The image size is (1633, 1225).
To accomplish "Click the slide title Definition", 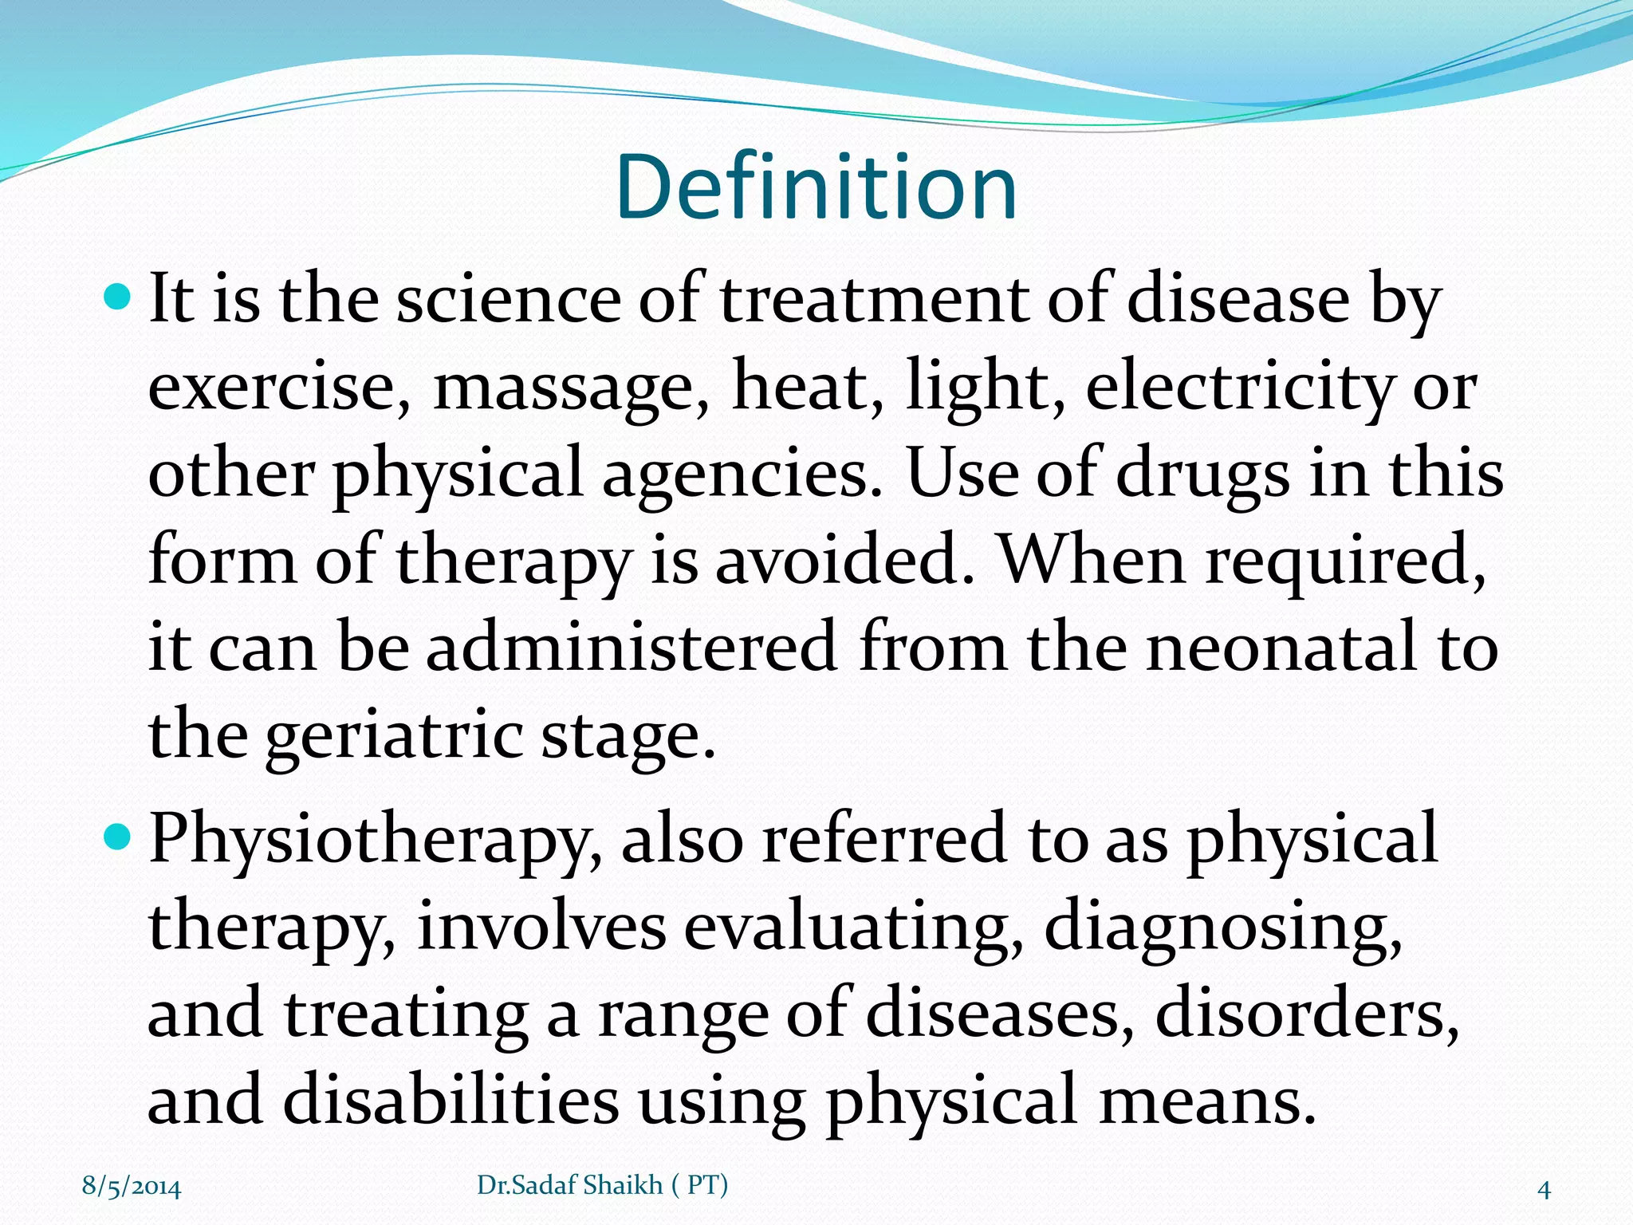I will tap(816, 187).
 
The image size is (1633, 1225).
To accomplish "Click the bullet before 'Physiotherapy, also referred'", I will tap(117, 837).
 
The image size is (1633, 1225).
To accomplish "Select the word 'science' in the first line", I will tap(508, 300).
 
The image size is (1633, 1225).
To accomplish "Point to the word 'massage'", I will tap(571, 388).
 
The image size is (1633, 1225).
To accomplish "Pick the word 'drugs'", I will tap(1202, 475).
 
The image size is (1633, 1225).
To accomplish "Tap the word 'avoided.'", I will tap(845, 561).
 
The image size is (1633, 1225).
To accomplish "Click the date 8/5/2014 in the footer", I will tap(132, 1187).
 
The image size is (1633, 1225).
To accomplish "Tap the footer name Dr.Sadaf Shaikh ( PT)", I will tap(602, 1185).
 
